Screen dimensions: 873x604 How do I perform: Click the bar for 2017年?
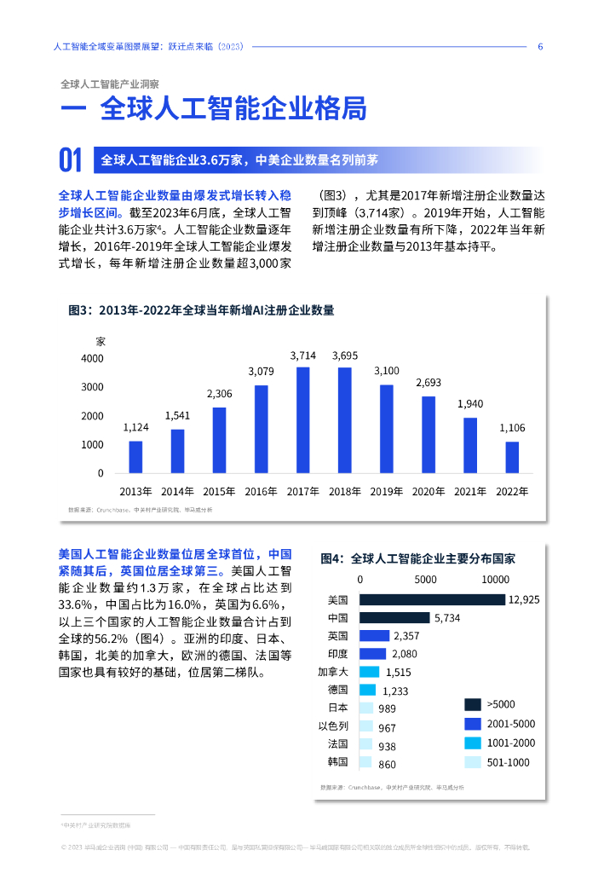(x=303, y=419)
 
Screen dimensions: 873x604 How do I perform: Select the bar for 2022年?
(x=512, y=457)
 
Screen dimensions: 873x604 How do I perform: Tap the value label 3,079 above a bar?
(x=261, y=372)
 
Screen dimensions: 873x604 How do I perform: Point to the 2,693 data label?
(x=429, y=383)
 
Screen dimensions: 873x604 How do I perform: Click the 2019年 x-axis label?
(x=386, y=492)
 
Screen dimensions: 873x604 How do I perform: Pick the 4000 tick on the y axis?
(x=92, y=359)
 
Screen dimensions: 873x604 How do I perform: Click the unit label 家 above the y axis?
(x=100, y=341)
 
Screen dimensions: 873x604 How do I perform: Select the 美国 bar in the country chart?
(x=432, y=600)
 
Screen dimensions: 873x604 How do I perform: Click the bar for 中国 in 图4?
(x=394, y=618)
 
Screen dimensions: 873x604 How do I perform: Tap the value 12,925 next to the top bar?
(x=524, y=600)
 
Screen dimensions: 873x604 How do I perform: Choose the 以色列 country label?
(x=333, y=726)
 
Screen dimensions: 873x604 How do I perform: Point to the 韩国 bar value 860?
(x=388, y=765)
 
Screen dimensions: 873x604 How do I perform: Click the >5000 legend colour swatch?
(x=472, y=704)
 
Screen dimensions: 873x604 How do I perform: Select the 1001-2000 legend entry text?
(x=511, y=743)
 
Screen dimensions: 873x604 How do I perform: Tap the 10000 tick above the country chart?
(x=496, y=580)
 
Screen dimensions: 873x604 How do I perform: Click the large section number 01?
(x=70, y=160)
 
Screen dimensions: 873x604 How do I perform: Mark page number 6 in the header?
(x=540, y=47)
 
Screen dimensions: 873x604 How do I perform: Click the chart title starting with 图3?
(x=201, y=310)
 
